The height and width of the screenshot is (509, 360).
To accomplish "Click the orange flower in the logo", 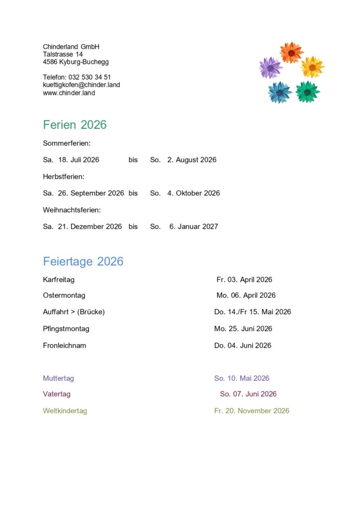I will pyautogui.click(x=291, y=52).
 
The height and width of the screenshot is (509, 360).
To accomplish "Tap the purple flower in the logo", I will pyautogui.click(x=270, y=68).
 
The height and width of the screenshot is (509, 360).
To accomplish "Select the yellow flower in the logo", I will pyautogui.click(x=312, y=67).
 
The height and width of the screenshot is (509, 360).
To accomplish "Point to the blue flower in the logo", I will pyautogui.click(x=280, y=92).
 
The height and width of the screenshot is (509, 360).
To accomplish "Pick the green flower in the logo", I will pyautogui.click(x=307, y=91).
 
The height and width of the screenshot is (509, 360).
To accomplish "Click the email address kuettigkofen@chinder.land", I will pyautogui.click(x=82, y=85).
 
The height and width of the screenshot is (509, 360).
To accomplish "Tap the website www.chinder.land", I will pyautogui.click(x=69, y=93).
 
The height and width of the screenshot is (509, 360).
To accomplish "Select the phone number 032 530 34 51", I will pyautogui.click(x=93, y=77).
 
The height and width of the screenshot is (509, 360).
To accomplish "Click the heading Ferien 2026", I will pyautogui.click(x=75, y=125).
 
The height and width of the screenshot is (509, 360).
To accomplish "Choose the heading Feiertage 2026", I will pyautogui.click(x=83, y=261).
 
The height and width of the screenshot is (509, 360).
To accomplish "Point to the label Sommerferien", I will pyautogui.click(x=67, y=143).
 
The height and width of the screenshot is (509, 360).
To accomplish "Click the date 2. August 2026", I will pyautogui.click(x=192, y=160).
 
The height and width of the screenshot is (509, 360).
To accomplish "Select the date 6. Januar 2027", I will pyautogui.click(x=194, y=227).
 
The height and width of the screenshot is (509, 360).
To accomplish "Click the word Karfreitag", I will pyautogui.click(x=59, y=280).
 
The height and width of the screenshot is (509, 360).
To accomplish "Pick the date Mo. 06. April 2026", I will pyautogui.click(x=246, y=295).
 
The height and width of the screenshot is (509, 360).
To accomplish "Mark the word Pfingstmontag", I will pyautogui.click(x=66, y=329).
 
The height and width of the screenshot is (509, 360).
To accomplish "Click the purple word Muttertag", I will pyautogui.click(x=58, y=378).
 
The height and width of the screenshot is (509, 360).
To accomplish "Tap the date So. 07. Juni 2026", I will pyautogui.click(x=248, y=394).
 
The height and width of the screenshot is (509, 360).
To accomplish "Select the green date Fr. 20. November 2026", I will pyautogui.click(x=252, y=411).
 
